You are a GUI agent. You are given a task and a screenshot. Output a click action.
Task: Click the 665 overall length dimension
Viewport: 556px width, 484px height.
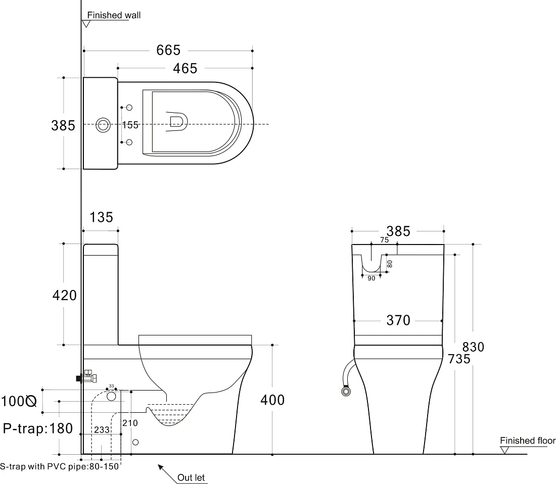(x=168, y=51)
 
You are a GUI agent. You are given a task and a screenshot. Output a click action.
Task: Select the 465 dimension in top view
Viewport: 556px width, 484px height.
(x=185, y=68)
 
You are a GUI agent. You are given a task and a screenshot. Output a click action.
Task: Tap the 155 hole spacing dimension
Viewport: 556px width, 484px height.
(x=130, y=125)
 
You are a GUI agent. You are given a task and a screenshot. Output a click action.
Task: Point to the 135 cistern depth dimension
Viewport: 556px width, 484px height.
(x=101, y=217)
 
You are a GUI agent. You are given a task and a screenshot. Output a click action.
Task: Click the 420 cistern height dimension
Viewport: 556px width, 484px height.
(x=65, y=295)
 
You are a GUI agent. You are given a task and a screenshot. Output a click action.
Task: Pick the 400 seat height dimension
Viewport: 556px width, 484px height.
(x=272, y=400)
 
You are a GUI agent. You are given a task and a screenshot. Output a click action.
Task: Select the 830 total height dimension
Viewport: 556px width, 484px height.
(x=474, y=347)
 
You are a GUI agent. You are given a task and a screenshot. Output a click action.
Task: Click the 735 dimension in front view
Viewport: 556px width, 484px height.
(x=459, y=359)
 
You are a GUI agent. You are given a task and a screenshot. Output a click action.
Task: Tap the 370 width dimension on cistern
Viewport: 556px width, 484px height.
(x=398, y=320)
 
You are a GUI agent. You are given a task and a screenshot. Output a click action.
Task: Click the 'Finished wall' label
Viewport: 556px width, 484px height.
(x=114, y=15)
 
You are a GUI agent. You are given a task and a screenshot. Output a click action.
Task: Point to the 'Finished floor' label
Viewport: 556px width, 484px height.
(x=528, y=441)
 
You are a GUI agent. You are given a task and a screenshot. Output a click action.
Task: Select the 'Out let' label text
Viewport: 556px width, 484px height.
(x=191, y=477)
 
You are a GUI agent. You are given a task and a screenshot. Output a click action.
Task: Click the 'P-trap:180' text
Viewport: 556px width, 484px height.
(x=38, y=428)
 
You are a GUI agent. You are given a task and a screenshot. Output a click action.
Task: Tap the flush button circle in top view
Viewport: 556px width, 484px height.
(x=103, y=124)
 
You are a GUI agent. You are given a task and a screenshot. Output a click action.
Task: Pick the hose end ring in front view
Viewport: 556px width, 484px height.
(x=346, y=392)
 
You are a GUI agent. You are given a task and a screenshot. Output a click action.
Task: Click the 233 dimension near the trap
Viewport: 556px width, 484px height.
(x=102, y=430)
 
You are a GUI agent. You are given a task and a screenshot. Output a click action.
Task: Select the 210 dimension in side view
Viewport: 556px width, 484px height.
(x=130, y=423)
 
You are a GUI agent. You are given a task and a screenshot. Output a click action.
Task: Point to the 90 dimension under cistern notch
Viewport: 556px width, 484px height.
(x=372, y=278)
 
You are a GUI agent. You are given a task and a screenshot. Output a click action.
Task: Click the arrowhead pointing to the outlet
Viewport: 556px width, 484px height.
(x=161, y=467)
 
